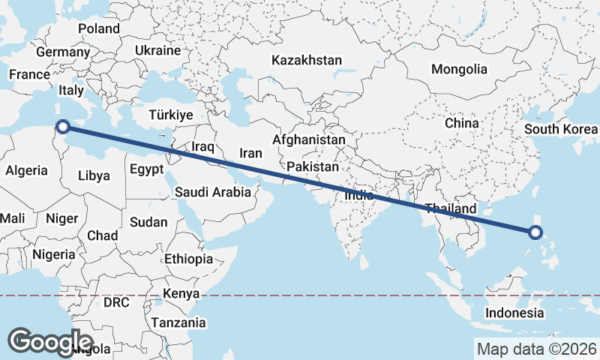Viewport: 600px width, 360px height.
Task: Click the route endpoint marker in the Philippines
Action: click(535, 232)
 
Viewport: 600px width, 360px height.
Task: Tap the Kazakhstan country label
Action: click(307, 60)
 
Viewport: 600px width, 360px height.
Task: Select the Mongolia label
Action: click(459, 69)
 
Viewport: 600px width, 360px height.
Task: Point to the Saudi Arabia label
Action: click(213, 192)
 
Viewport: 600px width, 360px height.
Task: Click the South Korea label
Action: click(561, 128)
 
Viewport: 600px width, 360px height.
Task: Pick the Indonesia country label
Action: click(514, 312)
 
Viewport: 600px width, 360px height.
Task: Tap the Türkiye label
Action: click(171, 115)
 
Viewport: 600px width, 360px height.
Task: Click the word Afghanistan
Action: click(309, 139)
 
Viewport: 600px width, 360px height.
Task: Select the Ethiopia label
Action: click(188, 259)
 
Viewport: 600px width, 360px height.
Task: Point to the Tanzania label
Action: click(178, 322)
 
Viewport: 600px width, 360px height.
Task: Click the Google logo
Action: click(51, 341)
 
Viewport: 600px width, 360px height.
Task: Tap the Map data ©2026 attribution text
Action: click(537, 349)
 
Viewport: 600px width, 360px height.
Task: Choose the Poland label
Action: click(98, 28)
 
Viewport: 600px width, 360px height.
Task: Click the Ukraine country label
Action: click(157, 50)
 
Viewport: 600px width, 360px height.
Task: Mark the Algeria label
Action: click(26, 170)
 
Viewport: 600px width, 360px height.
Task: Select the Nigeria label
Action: click(53, 253)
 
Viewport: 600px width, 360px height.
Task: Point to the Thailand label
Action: click(450, 208)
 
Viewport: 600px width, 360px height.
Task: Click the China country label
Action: click(461, 122)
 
